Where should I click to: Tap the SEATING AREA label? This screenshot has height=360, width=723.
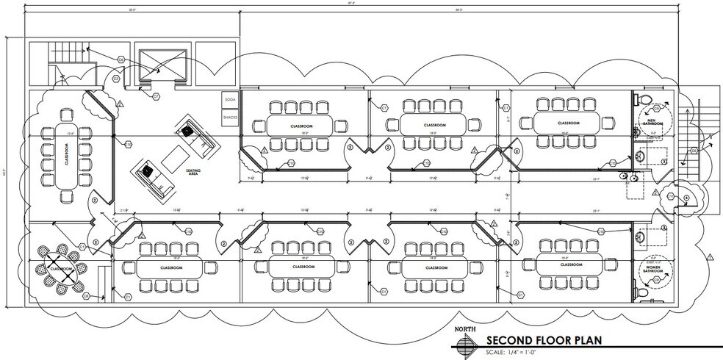point(194,173)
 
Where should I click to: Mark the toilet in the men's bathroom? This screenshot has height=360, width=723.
point(644,99)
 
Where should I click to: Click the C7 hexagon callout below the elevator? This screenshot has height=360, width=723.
point(156,96)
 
